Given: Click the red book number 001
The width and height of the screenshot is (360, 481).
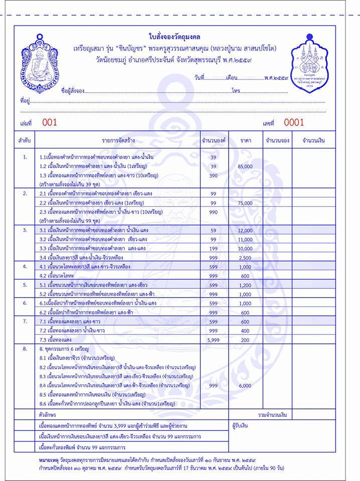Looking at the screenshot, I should [x=50, y=122].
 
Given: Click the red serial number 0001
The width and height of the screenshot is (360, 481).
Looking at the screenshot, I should [x=294, y=122].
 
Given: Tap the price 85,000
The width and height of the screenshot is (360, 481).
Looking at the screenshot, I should [x=246, y=166].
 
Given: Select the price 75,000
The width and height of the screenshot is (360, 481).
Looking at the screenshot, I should [x=246, y=202].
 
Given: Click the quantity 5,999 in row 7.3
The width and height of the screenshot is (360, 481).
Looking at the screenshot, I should [x=213, y=340].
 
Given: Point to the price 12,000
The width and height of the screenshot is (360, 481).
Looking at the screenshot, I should [x=246, y=230].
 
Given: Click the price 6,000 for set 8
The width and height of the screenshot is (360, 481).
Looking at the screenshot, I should [x=246, y=385].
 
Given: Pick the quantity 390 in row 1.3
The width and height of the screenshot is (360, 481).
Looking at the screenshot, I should [x=213, y=175].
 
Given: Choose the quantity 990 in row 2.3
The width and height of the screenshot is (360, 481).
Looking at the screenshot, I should [x=213, y=212].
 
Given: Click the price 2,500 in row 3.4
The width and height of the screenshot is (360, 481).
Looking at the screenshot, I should [x=246, y=258].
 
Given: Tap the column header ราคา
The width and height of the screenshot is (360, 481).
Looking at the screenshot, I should [x=246, y=141].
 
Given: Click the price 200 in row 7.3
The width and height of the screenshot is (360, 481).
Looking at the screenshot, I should [x=246, y=340].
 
